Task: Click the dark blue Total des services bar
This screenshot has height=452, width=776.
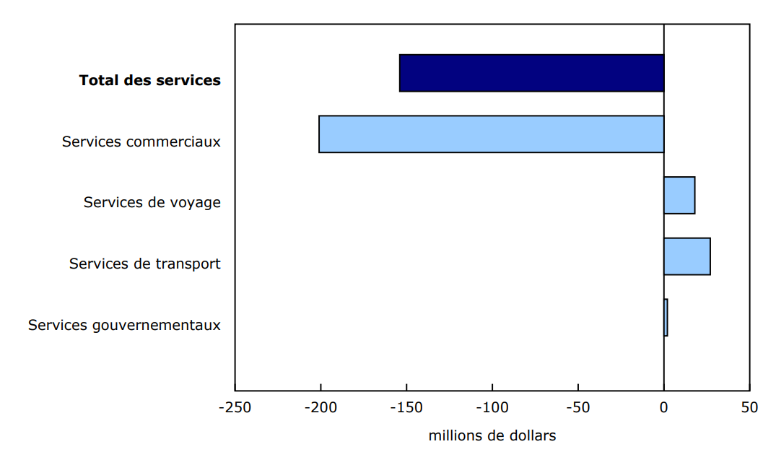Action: tap(531, 73)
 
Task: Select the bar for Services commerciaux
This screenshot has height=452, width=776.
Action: tap(491, 134)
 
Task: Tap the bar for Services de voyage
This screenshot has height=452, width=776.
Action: tap(679, 195)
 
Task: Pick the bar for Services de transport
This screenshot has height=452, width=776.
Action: tap(686, 256)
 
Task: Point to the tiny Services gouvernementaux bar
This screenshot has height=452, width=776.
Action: tap(666, 318)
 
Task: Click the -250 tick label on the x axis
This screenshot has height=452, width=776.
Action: tap(235, 407)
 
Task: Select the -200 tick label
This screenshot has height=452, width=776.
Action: tap(321, 407)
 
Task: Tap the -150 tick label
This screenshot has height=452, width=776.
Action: tap(406, 407)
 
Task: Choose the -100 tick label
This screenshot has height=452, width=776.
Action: tap(492, 407)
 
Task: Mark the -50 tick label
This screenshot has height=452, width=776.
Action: tap(577, 407)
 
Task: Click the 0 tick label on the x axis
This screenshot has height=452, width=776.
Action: tap(664, 407)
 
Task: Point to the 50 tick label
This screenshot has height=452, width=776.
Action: tap(749, 407)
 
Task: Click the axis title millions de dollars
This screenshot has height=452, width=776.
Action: tap(492, 436)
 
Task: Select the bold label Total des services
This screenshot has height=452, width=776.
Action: tap(150, 80)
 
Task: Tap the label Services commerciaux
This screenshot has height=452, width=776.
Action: tap(141, 142)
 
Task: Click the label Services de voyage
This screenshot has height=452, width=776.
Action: tap(152, 202)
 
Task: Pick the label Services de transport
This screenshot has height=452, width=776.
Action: tap(145, 264)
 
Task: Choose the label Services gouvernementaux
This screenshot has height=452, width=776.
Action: tap(124, 325)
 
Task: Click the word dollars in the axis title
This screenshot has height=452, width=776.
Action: tap(533, 436)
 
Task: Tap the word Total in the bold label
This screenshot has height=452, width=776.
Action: tap(99, 80)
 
